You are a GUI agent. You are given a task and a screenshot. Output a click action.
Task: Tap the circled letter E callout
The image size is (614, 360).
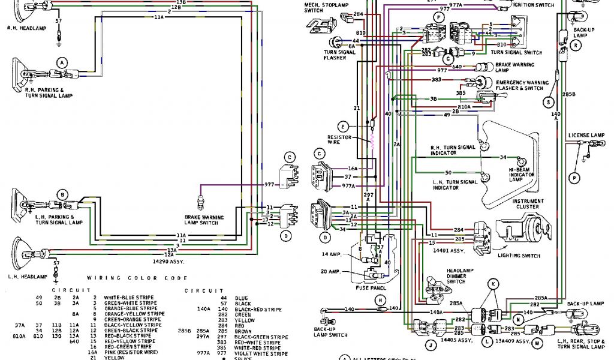click(343, 127)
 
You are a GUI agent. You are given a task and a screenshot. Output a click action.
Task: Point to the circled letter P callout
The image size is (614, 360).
click(574, 178)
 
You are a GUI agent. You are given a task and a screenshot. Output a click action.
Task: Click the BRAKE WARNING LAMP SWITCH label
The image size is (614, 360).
click(204, 220)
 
